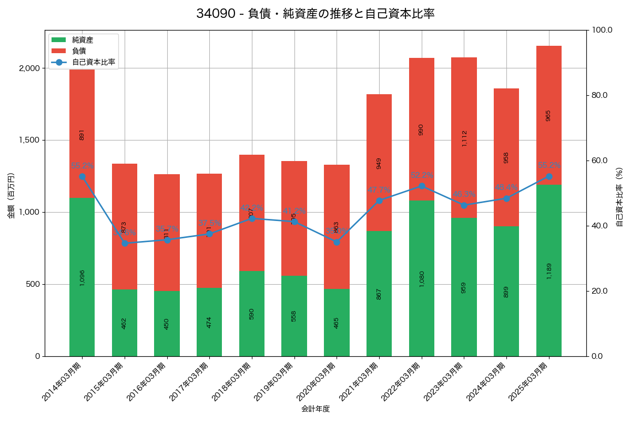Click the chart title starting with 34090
(x=315, y=14)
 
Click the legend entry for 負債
(x=79, y=51)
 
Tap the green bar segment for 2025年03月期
(x=548, y=270)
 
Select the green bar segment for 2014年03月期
(x=82, y=277)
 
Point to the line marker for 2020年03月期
(x=337, y=242)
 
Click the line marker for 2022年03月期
(x=422, y=186)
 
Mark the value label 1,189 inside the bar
(x=548, y=270)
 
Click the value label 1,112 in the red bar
(x=464, y=138)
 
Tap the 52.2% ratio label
(x=422, y=175)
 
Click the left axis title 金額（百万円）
(x=11, y=195)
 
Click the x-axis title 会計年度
(x=315, y=409)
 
